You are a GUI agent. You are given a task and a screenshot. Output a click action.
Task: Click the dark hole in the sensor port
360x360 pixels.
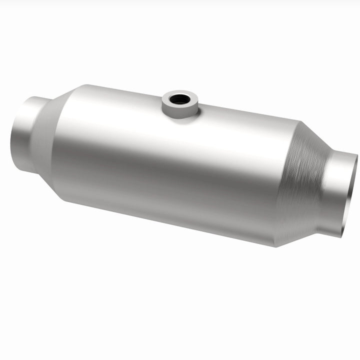(x=179, y=99)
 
